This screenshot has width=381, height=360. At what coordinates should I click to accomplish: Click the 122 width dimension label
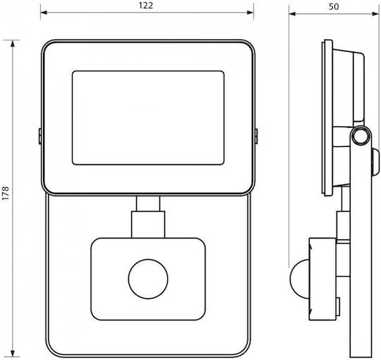click(146, 6)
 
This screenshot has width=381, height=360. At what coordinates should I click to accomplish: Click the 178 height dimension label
click(6, 193)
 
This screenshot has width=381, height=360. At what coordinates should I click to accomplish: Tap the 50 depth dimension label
click(334, 6)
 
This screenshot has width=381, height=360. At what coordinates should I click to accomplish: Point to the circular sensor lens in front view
click(148, 279)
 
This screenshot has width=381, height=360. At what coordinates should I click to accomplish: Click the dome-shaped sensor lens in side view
click(299, 279)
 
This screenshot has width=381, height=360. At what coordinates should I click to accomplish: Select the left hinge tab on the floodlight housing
click(40, 136)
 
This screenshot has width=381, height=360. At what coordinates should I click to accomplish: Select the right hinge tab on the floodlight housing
click(256, 136)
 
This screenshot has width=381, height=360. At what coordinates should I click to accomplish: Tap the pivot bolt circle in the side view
click(361, 136)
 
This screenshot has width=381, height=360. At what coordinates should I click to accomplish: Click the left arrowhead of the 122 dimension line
click(44, 13)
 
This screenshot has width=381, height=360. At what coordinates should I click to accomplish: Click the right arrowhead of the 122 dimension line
click(250, 13)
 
